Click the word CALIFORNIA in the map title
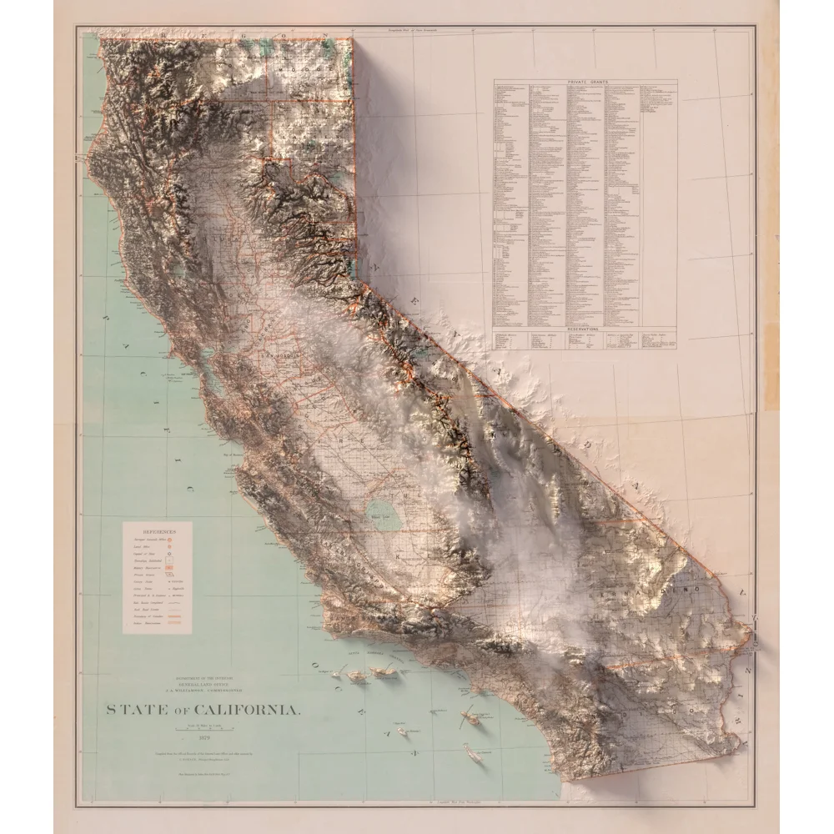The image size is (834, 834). pyautogui.click(x=247, y=710)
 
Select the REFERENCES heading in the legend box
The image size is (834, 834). pyautogui.click(x=157, y=530)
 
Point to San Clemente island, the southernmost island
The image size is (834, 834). pyautogui.click(x=474, y=755)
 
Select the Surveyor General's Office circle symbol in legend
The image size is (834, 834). pyautogui.click(x=171, y=541)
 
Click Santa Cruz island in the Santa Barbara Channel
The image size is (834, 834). pyautogui.click(x=381, y=671)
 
